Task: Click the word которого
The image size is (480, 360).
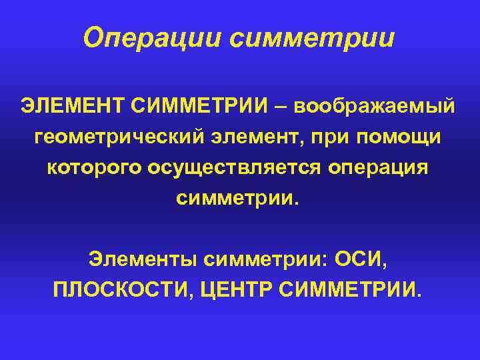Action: (94, 168)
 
